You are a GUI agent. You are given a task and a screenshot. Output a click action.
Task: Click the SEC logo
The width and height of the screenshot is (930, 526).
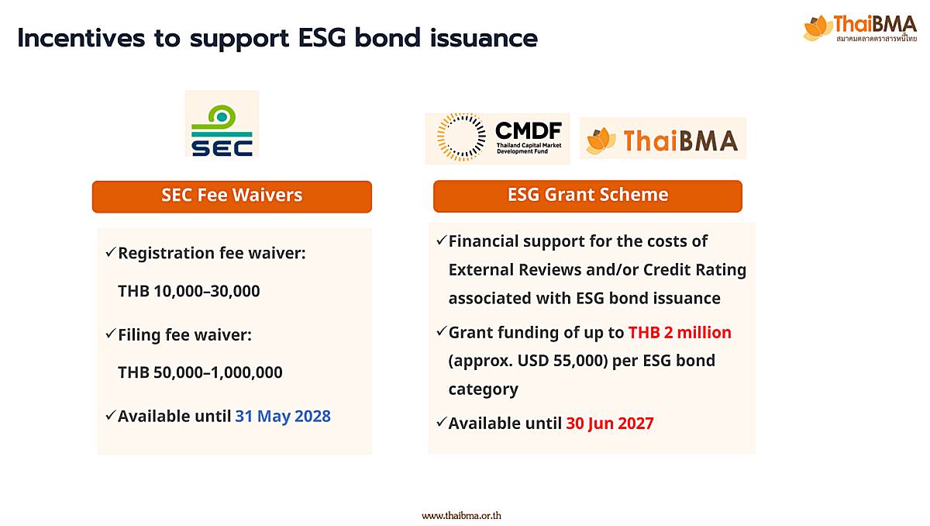[x=222, y=124]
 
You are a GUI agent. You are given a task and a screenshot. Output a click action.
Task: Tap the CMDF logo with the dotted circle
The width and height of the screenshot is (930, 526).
[x=498, y=138]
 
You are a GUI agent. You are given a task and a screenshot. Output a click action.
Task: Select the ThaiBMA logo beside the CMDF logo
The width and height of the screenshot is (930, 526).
[x=663, y=139]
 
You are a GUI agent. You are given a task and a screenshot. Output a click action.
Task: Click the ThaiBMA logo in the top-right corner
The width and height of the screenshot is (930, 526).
[x=859, y=28]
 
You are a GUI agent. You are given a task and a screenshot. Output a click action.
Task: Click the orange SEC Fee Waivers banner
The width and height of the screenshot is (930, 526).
[x=232, y=196]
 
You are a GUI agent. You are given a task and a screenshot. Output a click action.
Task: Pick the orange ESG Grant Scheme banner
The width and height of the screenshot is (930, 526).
[x=587, y=196]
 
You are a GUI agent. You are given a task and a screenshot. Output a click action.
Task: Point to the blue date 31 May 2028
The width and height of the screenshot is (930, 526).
[x=283, y=416]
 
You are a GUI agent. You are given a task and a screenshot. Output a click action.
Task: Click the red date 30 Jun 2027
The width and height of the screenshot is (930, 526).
[x=610, y=424]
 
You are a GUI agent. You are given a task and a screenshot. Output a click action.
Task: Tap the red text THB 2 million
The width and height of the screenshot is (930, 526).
[x=680, y=332]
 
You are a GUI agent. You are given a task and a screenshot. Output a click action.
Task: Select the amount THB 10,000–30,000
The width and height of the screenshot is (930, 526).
[x=189, y=291]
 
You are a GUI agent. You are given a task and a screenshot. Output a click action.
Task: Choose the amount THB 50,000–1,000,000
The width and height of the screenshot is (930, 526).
[x=200, y=372]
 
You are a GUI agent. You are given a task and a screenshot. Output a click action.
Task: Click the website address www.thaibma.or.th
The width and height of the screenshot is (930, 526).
[x=461, y=516]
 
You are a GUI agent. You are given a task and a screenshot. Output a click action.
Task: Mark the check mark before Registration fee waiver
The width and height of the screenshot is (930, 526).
[x=110, y=251]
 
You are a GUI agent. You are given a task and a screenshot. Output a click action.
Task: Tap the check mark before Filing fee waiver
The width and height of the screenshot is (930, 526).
[x=110, y=333]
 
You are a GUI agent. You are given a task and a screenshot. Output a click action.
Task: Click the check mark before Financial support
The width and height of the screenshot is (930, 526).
[x=441, y=240]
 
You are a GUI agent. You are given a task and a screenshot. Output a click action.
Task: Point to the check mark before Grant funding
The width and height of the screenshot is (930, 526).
[x=441, y=331]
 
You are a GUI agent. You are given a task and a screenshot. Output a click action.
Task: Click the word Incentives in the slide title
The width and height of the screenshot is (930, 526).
[x=81, y=38]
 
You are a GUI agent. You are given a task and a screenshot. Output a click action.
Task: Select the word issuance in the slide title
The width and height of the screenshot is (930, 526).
[x=484, y=38]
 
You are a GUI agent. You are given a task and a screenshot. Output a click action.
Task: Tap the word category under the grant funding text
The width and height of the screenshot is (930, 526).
[x=484, y=389]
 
